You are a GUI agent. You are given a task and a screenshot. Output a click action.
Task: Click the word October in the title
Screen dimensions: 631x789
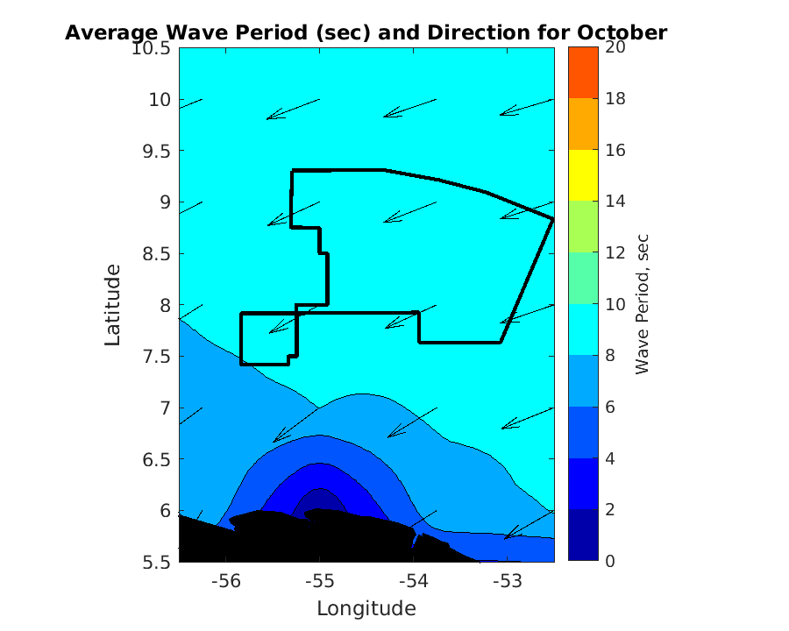pos(622,33)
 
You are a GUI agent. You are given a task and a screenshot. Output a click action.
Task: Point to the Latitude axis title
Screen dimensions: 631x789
pos(113,306)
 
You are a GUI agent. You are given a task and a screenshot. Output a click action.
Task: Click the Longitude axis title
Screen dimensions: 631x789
pos(366,608)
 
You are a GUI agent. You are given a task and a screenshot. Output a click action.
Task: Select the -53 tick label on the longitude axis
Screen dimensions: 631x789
pos(507,581)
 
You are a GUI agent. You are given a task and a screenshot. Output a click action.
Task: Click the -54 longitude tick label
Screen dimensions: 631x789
pos(413,581)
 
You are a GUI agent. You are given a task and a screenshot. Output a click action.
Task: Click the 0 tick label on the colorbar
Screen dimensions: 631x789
pos(609,561)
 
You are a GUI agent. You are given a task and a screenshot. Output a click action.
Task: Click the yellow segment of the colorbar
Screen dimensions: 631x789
pos(582,175)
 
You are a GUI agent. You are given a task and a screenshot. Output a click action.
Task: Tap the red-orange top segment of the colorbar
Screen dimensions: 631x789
pos(582,73)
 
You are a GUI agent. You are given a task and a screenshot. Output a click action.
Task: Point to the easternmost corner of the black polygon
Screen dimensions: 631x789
pos(553,219)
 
